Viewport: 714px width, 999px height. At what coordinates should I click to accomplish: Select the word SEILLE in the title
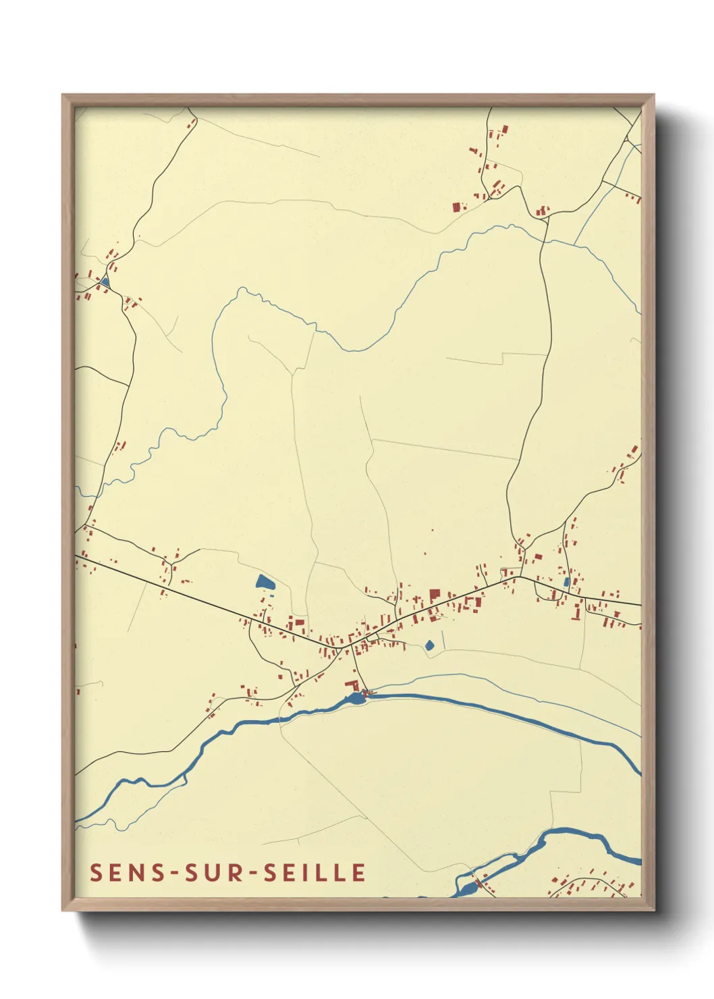pos(314,872)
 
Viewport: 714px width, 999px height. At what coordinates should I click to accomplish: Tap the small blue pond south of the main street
pos(429,646)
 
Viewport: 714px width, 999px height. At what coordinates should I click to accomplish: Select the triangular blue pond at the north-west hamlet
pos(105,281)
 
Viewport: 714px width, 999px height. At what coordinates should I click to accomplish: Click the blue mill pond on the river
pos(355,697)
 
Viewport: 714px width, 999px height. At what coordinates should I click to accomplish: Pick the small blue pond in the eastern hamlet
pos(567,582)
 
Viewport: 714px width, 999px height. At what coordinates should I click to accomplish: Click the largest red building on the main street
pos(435,596)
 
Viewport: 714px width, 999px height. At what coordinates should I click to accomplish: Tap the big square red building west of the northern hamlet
pos(456,207)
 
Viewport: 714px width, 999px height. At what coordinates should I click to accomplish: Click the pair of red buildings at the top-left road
pos(192,124)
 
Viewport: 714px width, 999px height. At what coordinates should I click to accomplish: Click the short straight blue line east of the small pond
pos(443,640)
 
